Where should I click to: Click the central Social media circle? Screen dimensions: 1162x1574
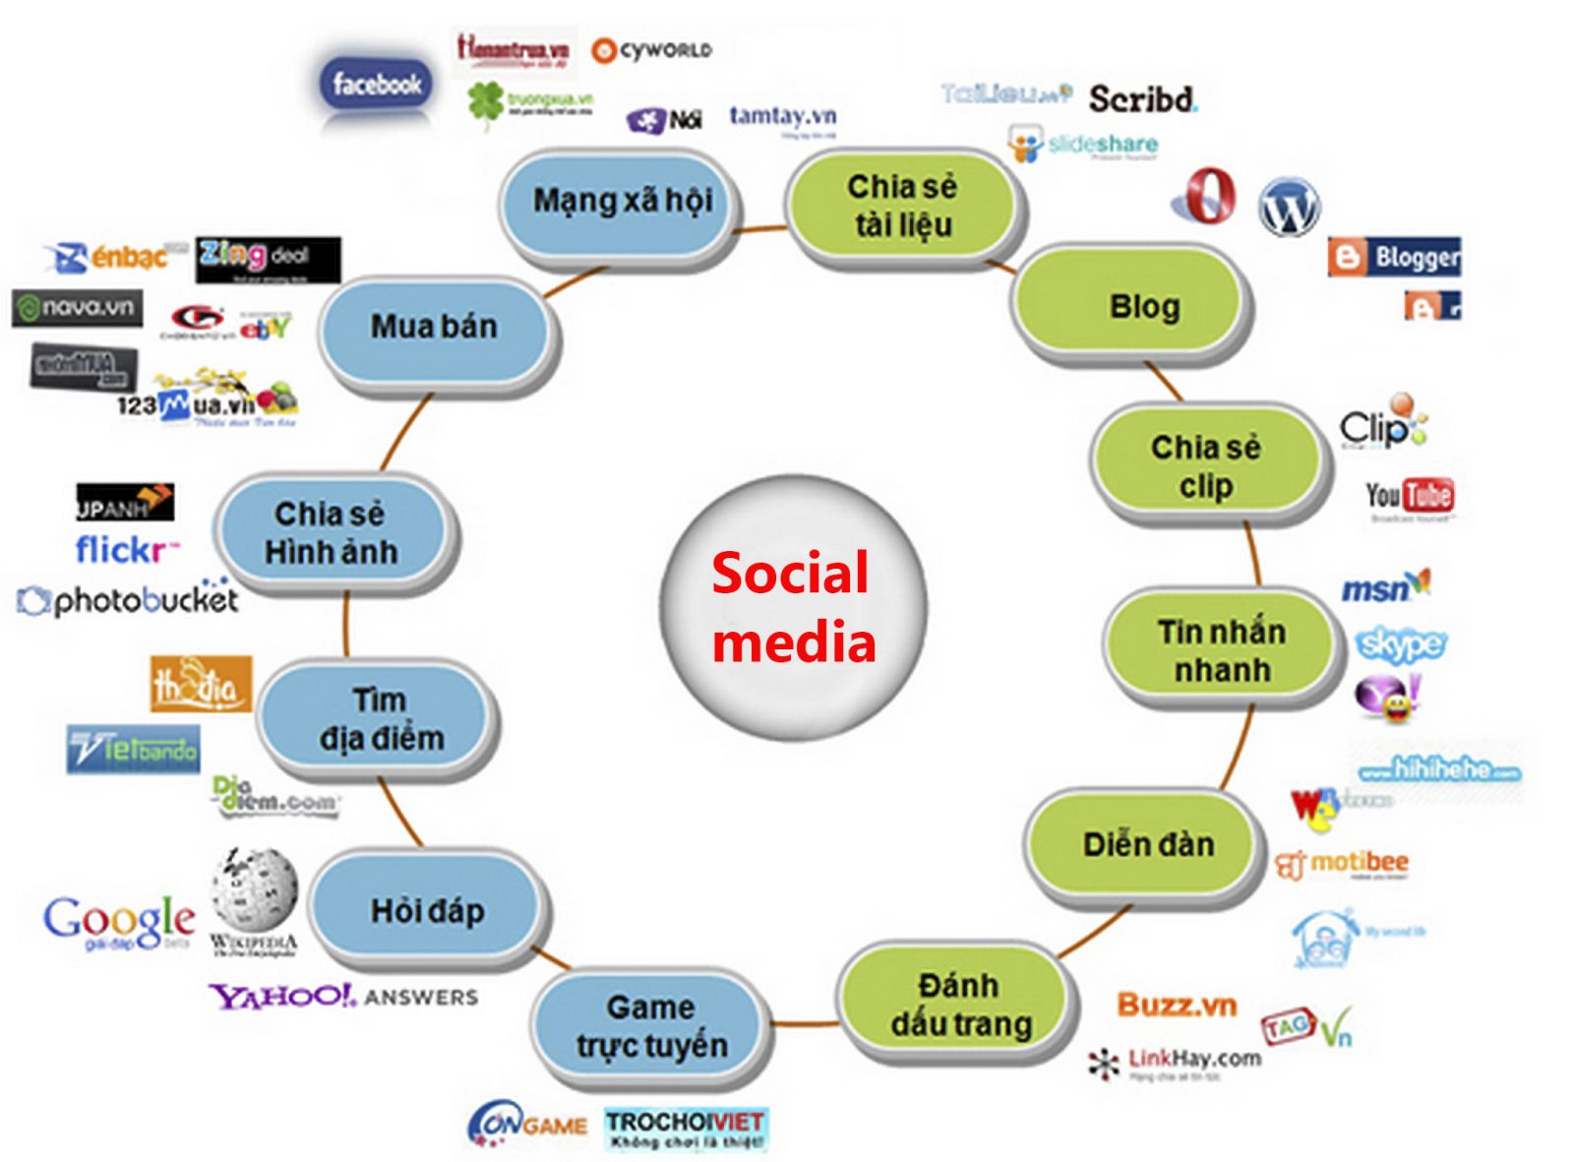[x=793, y=606]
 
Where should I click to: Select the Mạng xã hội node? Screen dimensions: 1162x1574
[x=622, y=202]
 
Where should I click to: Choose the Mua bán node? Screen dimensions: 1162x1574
[x=434, y=327]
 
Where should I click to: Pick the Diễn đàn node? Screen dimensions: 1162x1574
[x=1146, y=844]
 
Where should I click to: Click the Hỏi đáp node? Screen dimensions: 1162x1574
[x=427, y=910]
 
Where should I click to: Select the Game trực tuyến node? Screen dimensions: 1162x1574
[x=650, y=1026]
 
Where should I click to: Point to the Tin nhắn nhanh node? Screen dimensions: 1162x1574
[x=1222, y=650]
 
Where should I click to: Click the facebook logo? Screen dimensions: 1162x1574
[x=377, y=84]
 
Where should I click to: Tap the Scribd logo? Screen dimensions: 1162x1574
[x=1142, y=98]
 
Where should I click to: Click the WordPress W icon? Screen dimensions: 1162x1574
[x=1289, y=207]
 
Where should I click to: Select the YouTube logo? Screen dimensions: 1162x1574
[x=1409, y=496]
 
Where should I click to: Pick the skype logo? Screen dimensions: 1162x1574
[x=1401, y=644]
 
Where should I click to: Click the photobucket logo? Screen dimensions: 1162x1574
[x=129, y=599]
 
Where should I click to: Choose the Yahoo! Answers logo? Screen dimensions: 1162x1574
[x=342, y=997]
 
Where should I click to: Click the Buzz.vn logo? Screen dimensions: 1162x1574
[x=1176, y=1005]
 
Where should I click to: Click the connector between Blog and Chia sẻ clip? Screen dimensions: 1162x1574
[x=1164, y=382]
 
